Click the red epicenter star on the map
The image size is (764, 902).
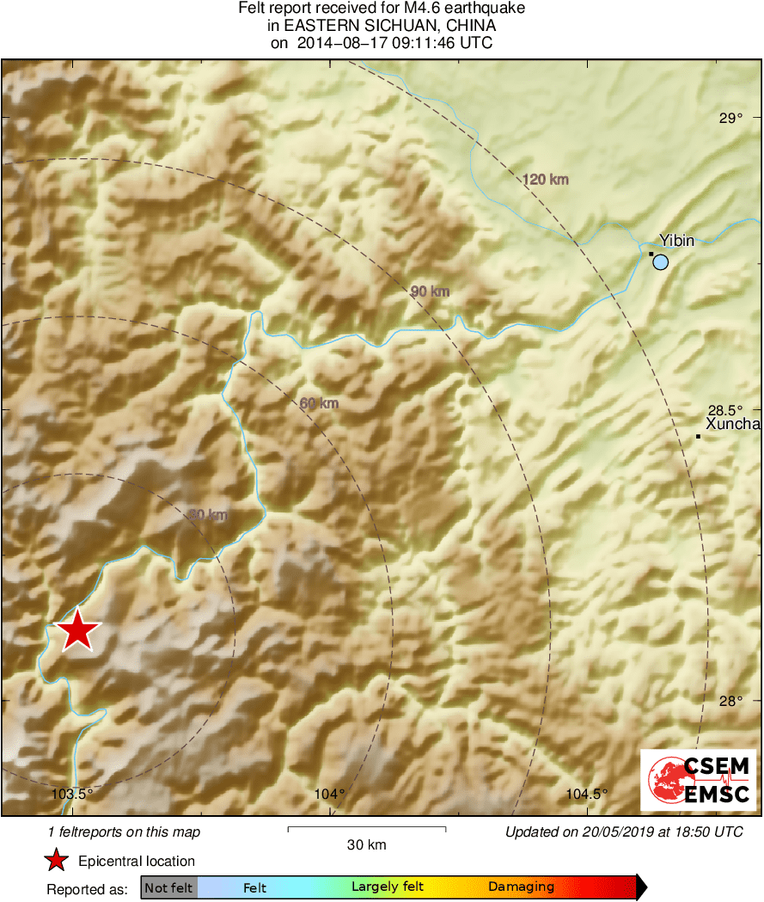click(x=77, y=630)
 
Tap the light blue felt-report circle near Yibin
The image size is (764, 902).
click(x=660, y=262)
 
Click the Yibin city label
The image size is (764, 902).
click(x=676, y=241)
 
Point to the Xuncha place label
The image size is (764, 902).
click(x=732, y=424)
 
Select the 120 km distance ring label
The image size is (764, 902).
click(x=546, y=180)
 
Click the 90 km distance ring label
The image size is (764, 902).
click(x=430, y=292)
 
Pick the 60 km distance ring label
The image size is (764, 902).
click(x=319, y=403)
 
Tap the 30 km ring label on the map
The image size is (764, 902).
click(x=208, y=515)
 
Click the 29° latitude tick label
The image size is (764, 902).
click(x=731, y=118)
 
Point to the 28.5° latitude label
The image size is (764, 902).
click(x=725, y=409)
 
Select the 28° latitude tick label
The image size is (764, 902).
click(x=731, y=701)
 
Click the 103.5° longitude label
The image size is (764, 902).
click(x=72, y=794)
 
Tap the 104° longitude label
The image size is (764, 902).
click(x=330, y=794)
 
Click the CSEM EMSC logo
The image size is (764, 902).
click(x=698, y=781)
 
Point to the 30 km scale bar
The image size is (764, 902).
click(x=366, y=829)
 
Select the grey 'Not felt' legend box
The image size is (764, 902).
click(x=168, y=887)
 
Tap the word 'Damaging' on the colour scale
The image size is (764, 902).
click(x=521, y=887)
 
